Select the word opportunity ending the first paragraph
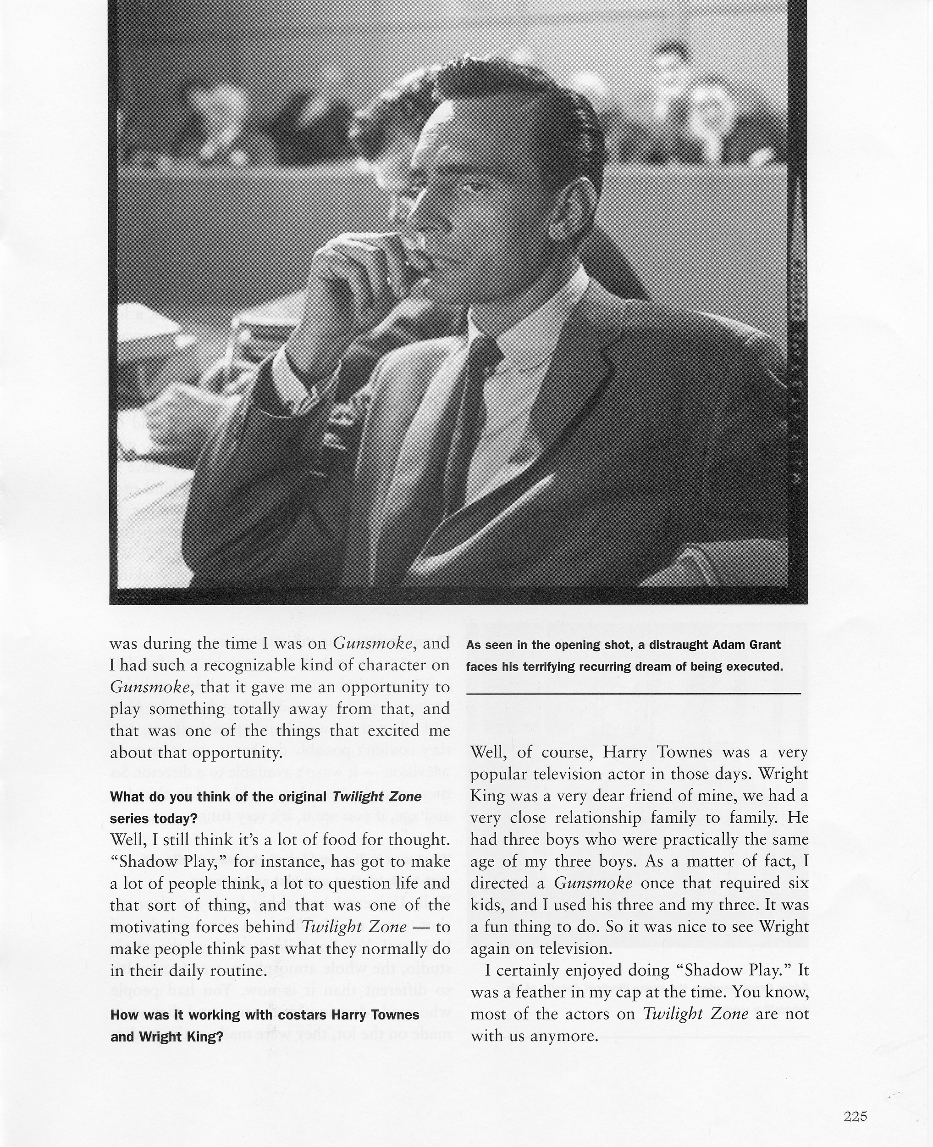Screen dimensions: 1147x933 pyautogui.click(x=237, y=753)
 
